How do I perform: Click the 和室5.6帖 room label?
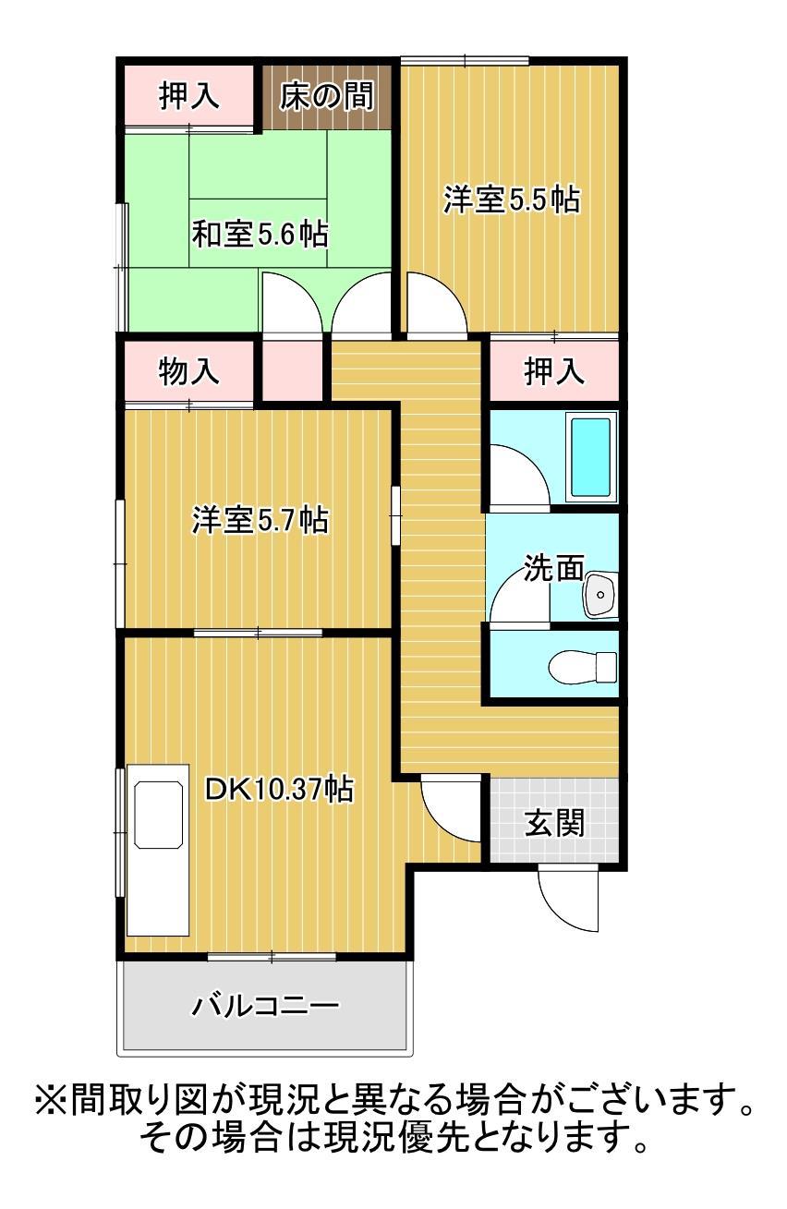260,234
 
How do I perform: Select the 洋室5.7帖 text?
260,519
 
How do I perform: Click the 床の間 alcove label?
327,97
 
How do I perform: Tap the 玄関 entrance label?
555,821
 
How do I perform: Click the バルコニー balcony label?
265,1005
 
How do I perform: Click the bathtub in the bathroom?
590,458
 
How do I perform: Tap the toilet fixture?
583,666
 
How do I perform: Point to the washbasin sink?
599,594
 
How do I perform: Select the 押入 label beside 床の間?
189,97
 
